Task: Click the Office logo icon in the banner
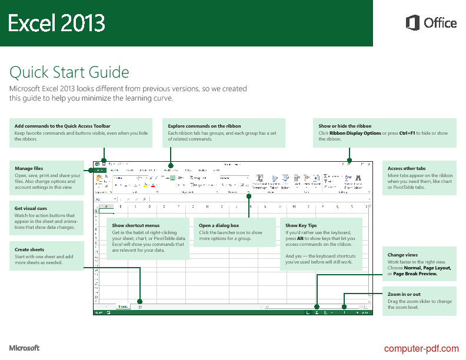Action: pos(412,23)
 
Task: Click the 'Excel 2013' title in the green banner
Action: pos(56,24)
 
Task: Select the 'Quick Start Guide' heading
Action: pos(69,72)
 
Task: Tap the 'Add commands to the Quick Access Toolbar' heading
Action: pos(62,126)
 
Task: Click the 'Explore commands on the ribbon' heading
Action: pos(204,126)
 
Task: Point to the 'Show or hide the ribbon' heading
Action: pos(345,126)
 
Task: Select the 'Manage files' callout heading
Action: pos(29,169)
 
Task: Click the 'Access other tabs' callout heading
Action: pos(407,169)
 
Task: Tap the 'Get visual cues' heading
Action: pos(31,208)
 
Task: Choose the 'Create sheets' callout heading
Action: pos(29,249)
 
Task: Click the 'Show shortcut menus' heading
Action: pos(135,225)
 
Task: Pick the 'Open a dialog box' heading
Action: pos(219,225)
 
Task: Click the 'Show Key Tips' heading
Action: pos(301,225)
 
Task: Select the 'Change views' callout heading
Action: pos(403,255)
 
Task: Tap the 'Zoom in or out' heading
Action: pos(404,294)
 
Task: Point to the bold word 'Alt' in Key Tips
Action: pos(301,239)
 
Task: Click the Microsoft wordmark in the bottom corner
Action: pos(24,348)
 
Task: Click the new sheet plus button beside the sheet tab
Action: pos(139,306)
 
